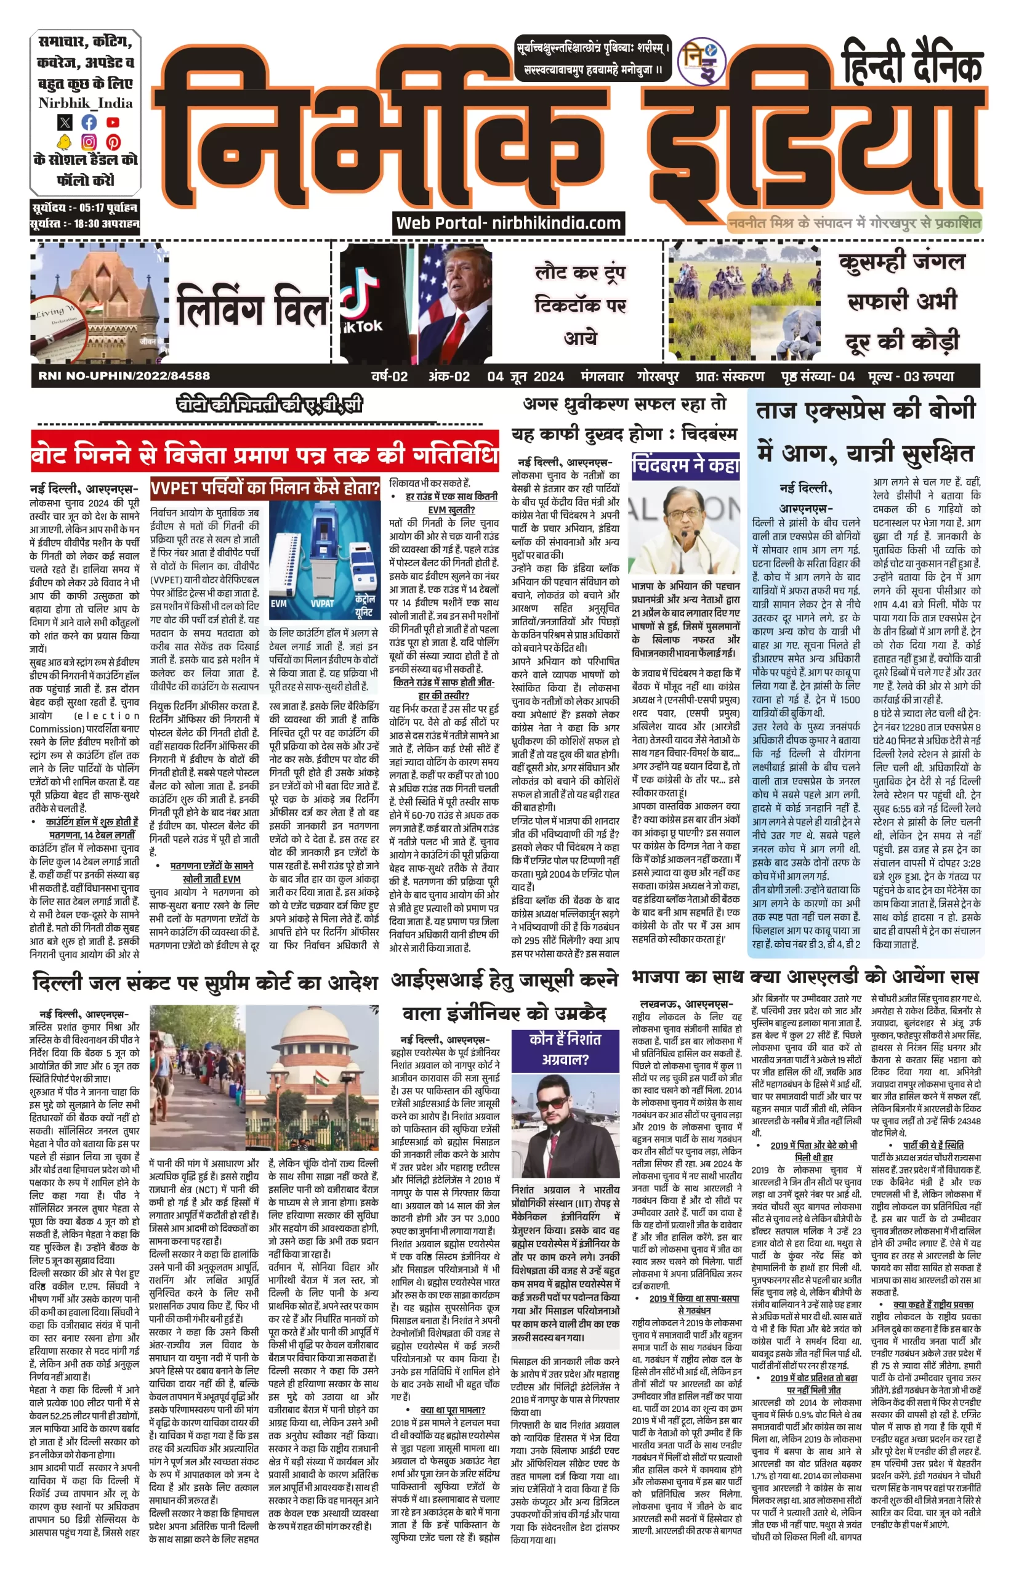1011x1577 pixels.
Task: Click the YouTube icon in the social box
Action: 113,122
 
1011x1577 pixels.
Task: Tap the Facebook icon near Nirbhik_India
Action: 89,122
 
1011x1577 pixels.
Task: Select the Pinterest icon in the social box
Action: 113,142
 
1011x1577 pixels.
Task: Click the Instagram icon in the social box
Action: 89,142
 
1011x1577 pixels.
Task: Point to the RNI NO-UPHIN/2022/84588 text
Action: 124,376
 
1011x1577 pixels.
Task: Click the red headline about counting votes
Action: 264,455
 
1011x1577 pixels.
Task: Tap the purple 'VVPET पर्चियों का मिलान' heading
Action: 265,488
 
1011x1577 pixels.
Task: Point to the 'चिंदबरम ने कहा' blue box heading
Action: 685,465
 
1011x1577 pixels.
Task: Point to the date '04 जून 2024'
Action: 525,376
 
